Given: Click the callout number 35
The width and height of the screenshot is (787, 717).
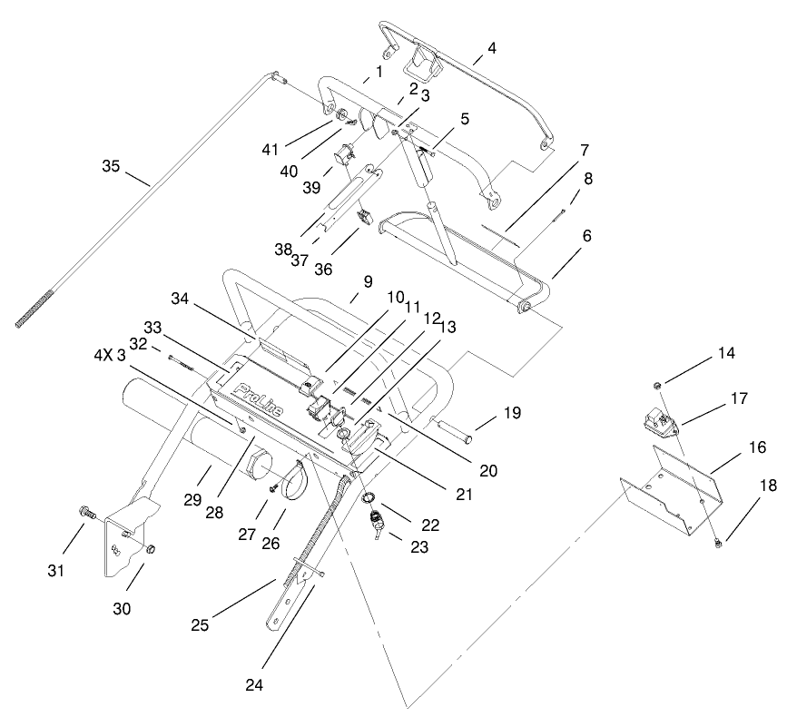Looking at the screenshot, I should (111, 165).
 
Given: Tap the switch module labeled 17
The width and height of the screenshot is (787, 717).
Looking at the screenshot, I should (661, 419).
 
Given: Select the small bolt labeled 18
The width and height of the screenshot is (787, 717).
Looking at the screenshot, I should (717, 516).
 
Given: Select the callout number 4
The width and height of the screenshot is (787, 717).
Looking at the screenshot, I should (492, 48).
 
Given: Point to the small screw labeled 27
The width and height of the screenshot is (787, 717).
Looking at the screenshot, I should (272, 487).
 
